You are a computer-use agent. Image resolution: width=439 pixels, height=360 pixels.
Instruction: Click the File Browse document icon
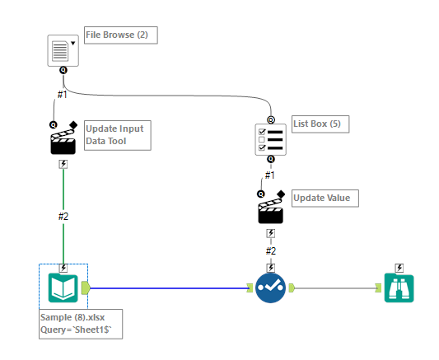coord(61,51)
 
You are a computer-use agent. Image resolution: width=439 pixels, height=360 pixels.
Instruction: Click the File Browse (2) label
coord(120,35)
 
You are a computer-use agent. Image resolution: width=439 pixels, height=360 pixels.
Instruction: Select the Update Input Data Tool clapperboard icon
coord(63,140)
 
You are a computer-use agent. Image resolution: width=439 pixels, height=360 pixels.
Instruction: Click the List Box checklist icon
coord(271,138)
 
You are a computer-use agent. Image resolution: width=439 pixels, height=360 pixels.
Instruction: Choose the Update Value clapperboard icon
coord(271,209)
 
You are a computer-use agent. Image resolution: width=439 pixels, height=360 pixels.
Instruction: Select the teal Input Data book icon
coord(63,287)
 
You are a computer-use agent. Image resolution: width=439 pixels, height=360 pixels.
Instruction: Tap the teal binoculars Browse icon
coord(399,287)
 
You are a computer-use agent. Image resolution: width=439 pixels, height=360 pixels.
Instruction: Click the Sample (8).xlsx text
coord(70,316)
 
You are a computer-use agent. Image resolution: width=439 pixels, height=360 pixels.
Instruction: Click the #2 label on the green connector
coord(63,217)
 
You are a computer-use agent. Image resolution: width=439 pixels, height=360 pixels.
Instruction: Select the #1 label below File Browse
coord(62,94)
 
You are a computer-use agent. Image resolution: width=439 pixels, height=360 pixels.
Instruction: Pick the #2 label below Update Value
coord(271,250)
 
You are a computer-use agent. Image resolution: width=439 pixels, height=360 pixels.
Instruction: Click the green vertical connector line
coord(63,194)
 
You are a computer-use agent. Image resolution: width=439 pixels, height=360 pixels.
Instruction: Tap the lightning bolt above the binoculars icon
coord(399,267)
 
